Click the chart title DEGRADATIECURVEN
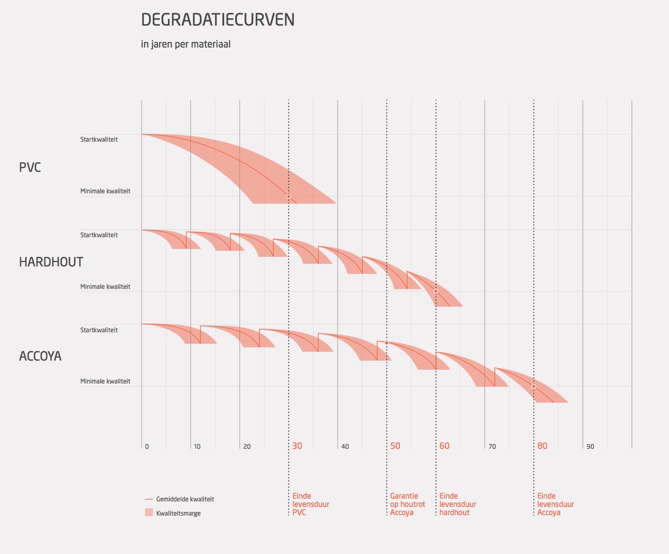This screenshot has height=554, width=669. (218, 20)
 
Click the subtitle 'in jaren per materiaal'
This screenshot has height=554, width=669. (186, 44)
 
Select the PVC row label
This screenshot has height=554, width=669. (30, 167)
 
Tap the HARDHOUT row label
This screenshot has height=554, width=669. (51, 262)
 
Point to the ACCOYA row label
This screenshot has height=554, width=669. (40, 356)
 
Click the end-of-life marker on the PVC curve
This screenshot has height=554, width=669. (289, 197)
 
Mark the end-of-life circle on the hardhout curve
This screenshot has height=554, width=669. (436, 291)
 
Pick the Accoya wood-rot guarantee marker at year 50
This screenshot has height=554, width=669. (387, 343)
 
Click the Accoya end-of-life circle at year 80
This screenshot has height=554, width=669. (534, 386)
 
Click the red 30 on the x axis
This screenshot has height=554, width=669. (297, 446)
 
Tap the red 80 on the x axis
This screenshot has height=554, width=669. (542, 446)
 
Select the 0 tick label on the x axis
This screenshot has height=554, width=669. (147, 447)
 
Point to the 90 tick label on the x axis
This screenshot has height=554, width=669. (590, 447)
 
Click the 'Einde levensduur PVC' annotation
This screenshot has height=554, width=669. (311, 504)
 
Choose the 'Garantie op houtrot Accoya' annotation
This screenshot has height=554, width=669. (407, 504)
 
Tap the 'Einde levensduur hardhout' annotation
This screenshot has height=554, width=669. (458, 504)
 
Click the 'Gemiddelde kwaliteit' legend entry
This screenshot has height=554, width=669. (185, 499)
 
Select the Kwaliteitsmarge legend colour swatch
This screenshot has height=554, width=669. (149, 512)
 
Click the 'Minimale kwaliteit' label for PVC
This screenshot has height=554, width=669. (105, 191)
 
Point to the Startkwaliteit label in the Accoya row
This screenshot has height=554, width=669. (99, 330)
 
